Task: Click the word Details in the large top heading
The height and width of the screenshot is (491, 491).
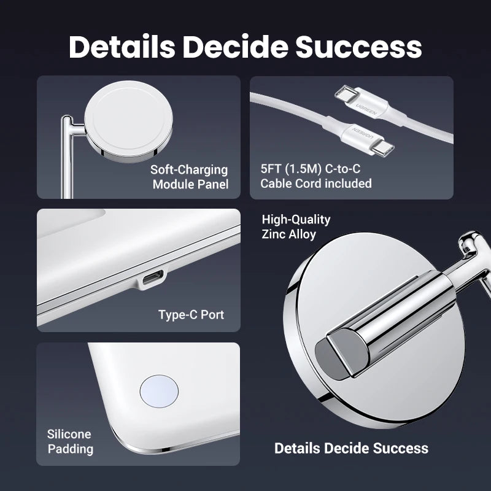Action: coord(122,47)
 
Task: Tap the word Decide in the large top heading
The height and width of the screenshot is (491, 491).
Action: coord(235,47)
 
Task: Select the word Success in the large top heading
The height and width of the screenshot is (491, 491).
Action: coord(359,47)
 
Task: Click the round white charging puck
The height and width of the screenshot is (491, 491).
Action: coord(128,122)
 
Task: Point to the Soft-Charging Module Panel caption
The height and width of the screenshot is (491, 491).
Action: coord(190,177)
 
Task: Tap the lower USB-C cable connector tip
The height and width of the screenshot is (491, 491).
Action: coord(383,148)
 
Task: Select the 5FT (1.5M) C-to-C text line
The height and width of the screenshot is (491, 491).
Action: coord(311,169)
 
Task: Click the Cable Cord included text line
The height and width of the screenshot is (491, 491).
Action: coord(316,184)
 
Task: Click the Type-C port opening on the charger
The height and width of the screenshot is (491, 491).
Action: coord(153,278)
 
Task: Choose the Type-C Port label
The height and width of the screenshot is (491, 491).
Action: coord(191,315)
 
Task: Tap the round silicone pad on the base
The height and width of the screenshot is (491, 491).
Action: coord(159,392)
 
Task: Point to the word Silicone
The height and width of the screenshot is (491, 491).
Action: coord(69,435)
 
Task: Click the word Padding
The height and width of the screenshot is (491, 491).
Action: coord(71,449)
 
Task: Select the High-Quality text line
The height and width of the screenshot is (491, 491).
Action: coord(296,220)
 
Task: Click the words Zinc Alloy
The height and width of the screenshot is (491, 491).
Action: coord(288,234)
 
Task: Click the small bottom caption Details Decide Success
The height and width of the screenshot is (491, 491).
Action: coord(351,448)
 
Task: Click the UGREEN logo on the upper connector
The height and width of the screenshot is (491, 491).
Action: coord(366,107)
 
